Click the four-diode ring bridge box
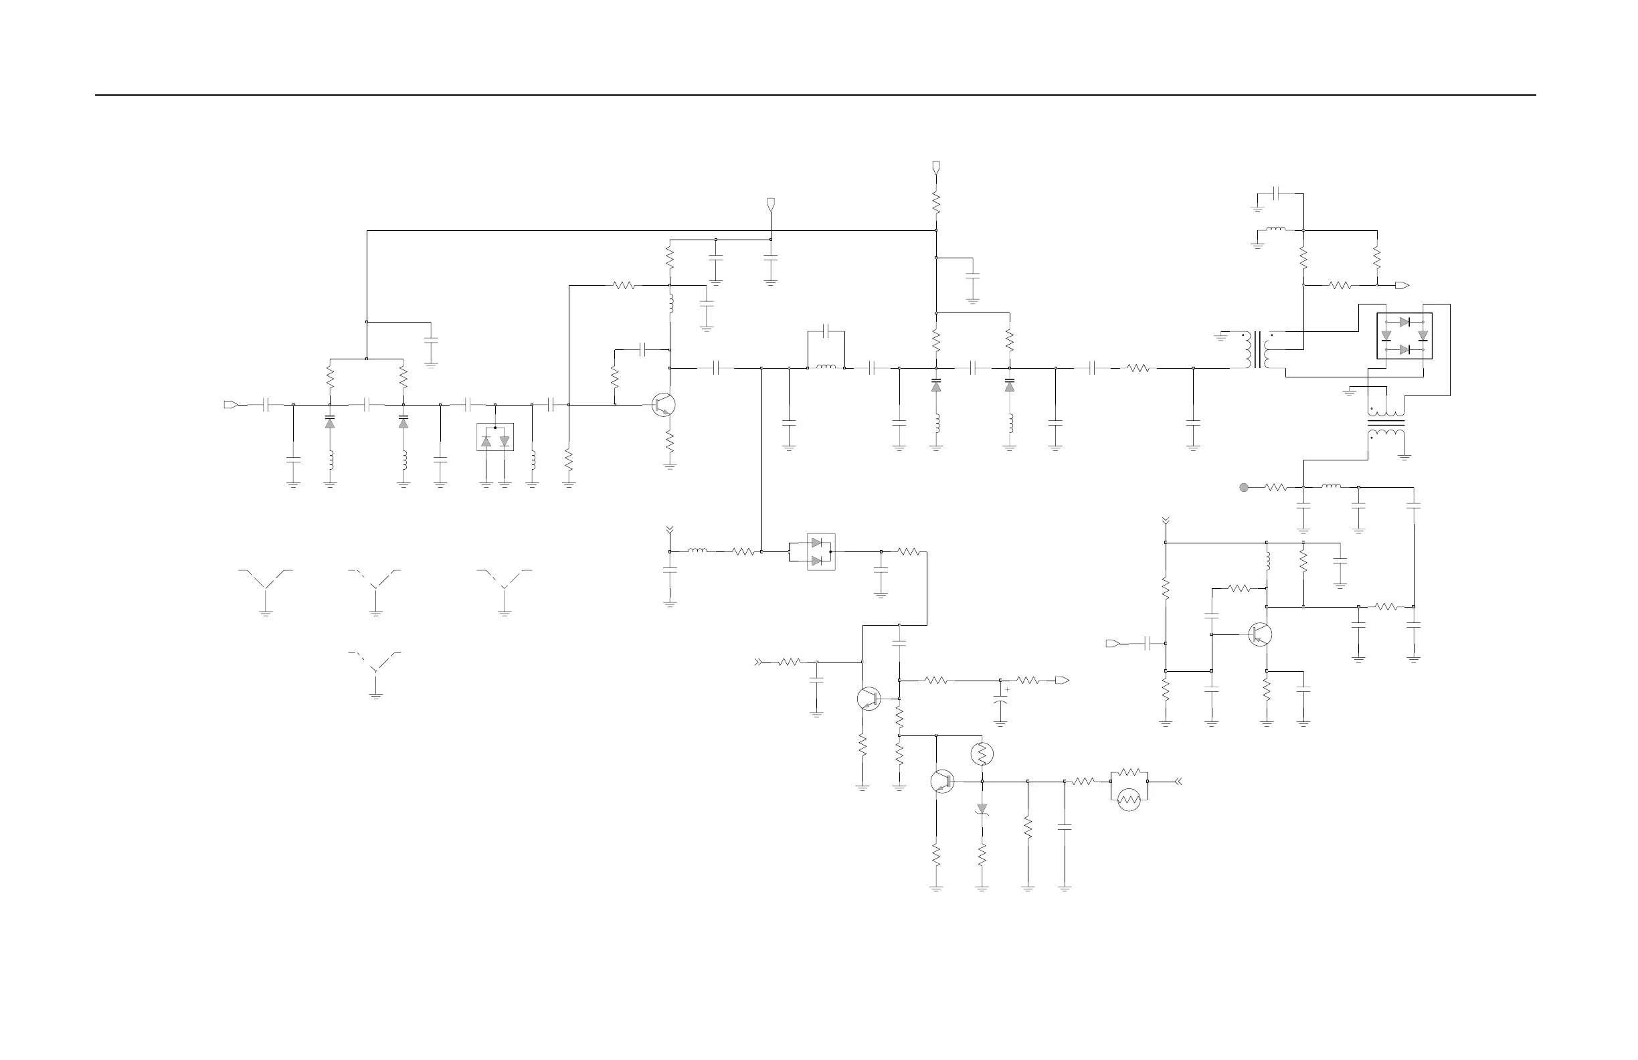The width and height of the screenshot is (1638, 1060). (1404, 336)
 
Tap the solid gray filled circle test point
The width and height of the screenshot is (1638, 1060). (1244, 487)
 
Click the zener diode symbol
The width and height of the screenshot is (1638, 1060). (982, 809)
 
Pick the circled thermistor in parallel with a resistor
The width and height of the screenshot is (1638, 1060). (1129, 799)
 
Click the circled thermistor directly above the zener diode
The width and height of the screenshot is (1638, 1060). (982, 754)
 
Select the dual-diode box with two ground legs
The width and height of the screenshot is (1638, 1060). (495, 437)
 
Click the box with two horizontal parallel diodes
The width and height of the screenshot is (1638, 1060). (820, 552)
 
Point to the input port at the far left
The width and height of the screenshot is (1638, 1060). (231, 405)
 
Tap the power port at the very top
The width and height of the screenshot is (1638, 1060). (936, 167)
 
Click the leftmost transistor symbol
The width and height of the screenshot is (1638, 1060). (664, 405)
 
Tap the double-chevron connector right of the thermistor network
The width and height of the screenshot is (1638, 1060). (1178, 781)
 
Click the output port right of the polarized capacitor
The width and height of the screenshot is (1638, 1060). (1062, 680)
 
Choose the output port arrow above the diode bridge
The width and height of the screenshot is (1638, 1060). (1401, 285)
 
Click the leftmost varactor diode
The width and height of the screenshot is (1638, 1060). (330, 420)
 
